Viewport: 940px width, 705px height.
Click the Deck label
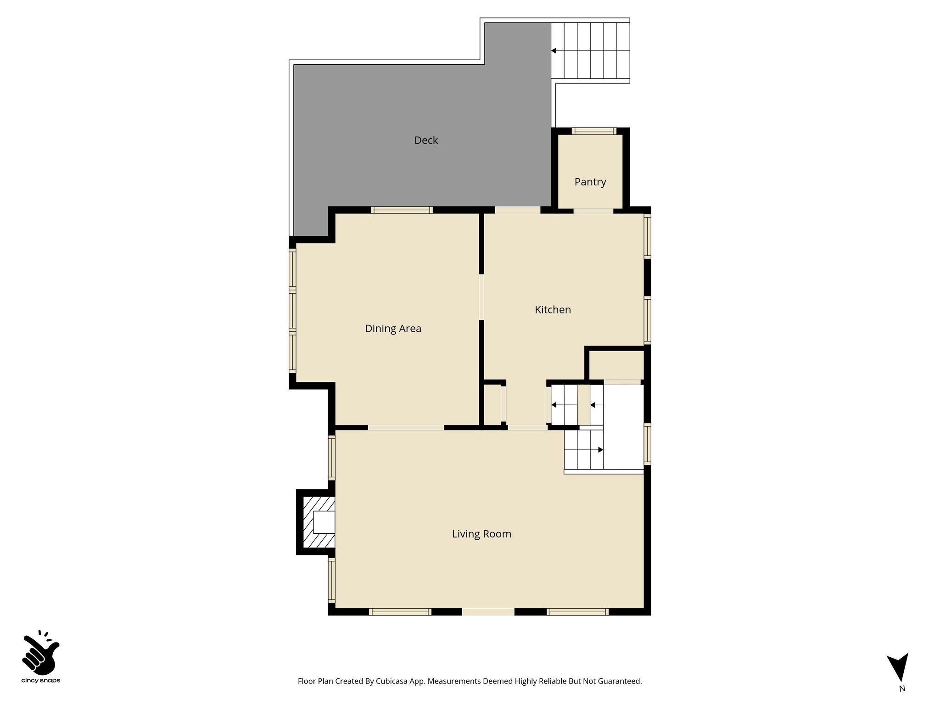pos(426,140)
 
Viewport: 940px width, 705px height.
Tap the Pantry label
pos(590,182)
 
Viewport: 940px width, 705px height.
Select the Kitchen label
pos(553,310)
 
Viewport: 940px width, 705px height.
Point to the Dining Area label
pos(393,329)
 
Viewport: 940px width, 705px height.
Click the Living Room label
pos(481,534)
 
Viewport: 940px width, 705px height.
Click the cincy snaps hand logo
pos(40,654)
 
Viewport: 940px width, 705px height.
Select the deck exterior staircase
pos(590,50)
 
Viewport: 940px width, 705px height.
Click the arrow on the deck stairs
pos(554,50)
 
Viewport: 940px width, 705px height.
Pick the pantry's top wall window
pos(594,131)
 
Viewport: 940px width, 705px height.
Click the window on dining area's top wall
pos(402,210)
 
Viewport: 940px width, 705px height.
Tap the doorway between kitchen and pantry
pos(593,211)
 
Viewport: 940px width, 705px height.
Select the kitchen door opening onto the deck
pos(517,210)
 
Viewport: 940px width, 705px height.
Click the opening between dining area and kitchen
pos(481,297)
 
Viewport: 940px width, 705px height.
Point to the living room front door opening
pos(488,612)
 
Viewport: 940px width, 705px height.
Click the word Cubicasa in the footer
pos(392,681)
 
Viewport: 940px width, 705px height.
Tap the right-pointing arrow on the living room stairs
pos(600,450)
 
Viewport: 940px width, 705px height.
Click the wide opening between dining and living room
pos(406,428)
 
